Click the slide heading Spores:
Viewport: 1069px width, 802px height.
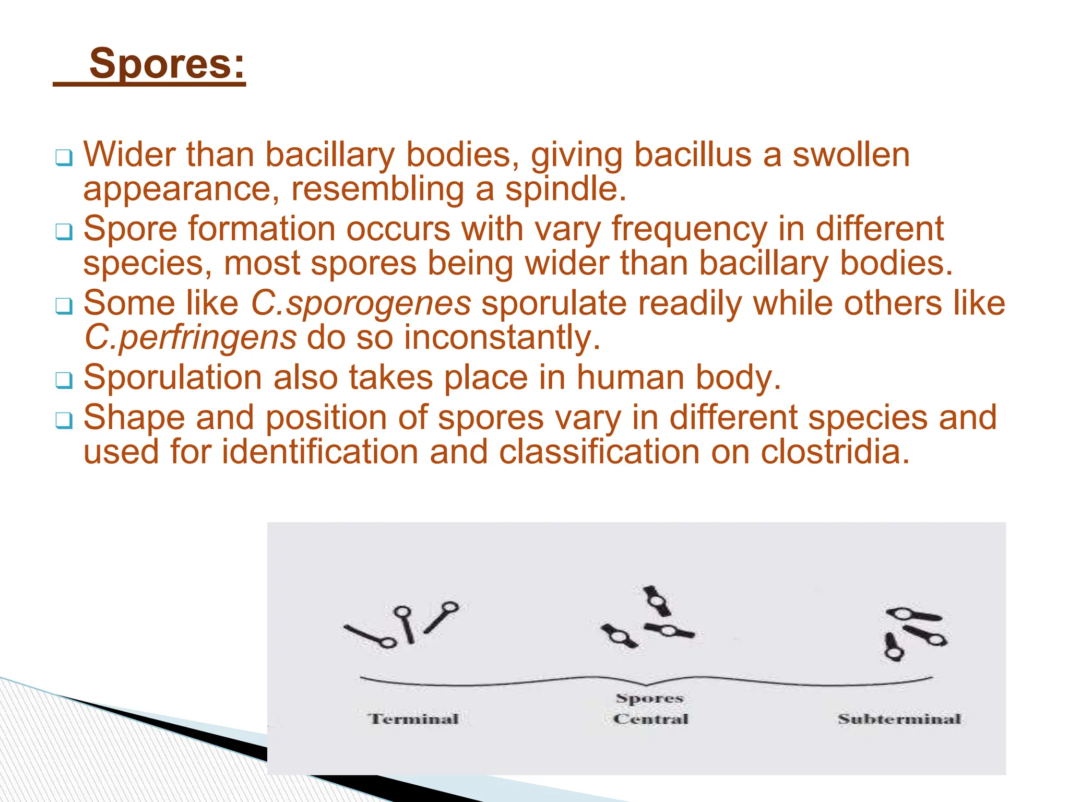(x=167, y=64)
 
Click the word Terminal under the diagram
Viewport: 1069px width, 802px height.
(x=414, y=719)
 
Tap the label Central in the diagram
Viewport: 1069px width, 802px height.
(x=651, y=719)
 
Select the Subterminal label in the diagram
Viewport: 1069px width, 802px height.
(x=899, y=719)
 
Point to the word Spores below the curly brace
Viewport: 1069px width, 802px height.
(x=650, y=698)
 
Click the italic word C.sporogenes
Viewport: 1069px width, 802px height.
(x=361, y=303)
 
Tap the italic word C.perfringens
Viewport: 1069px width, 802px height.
(x=191, y=337)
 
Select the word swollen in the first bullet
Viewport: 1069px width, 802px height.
(x=851, y=155)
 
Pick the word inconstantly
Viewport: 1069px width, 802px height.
(x=502, y=337)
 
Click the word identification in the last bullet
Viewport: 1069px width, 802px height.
(x=320, y=452)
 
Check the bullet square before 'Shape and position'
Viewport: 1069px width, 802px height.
(x=64, y=420)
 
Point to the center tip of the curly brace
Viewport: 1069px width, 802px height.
(x=647, y=685)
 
